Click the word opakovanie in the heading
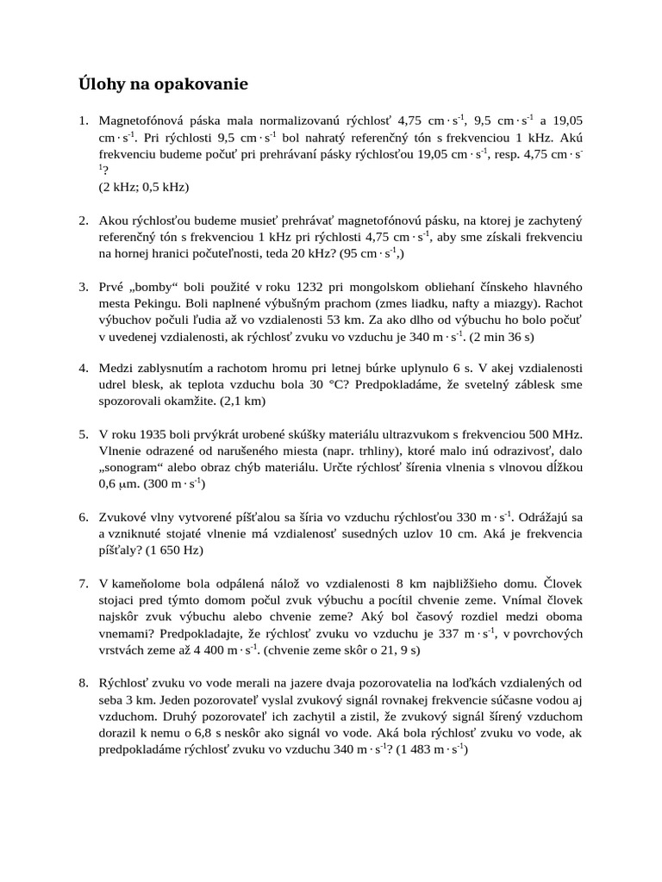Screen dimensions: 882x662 click(204, 84)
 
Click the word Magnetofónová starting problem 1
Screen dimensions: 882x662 click(142, 121)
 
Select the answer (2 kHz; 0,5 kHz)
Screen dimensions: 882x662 click(144, 186)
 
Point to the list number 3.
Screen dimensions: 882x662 click(84, 286)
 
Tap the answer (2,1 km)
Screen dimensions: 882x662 click(243, 401)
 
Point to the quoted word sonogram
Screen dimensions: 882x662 click(135, 467)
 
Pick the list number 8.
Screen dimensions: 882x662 click(84, 682)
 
